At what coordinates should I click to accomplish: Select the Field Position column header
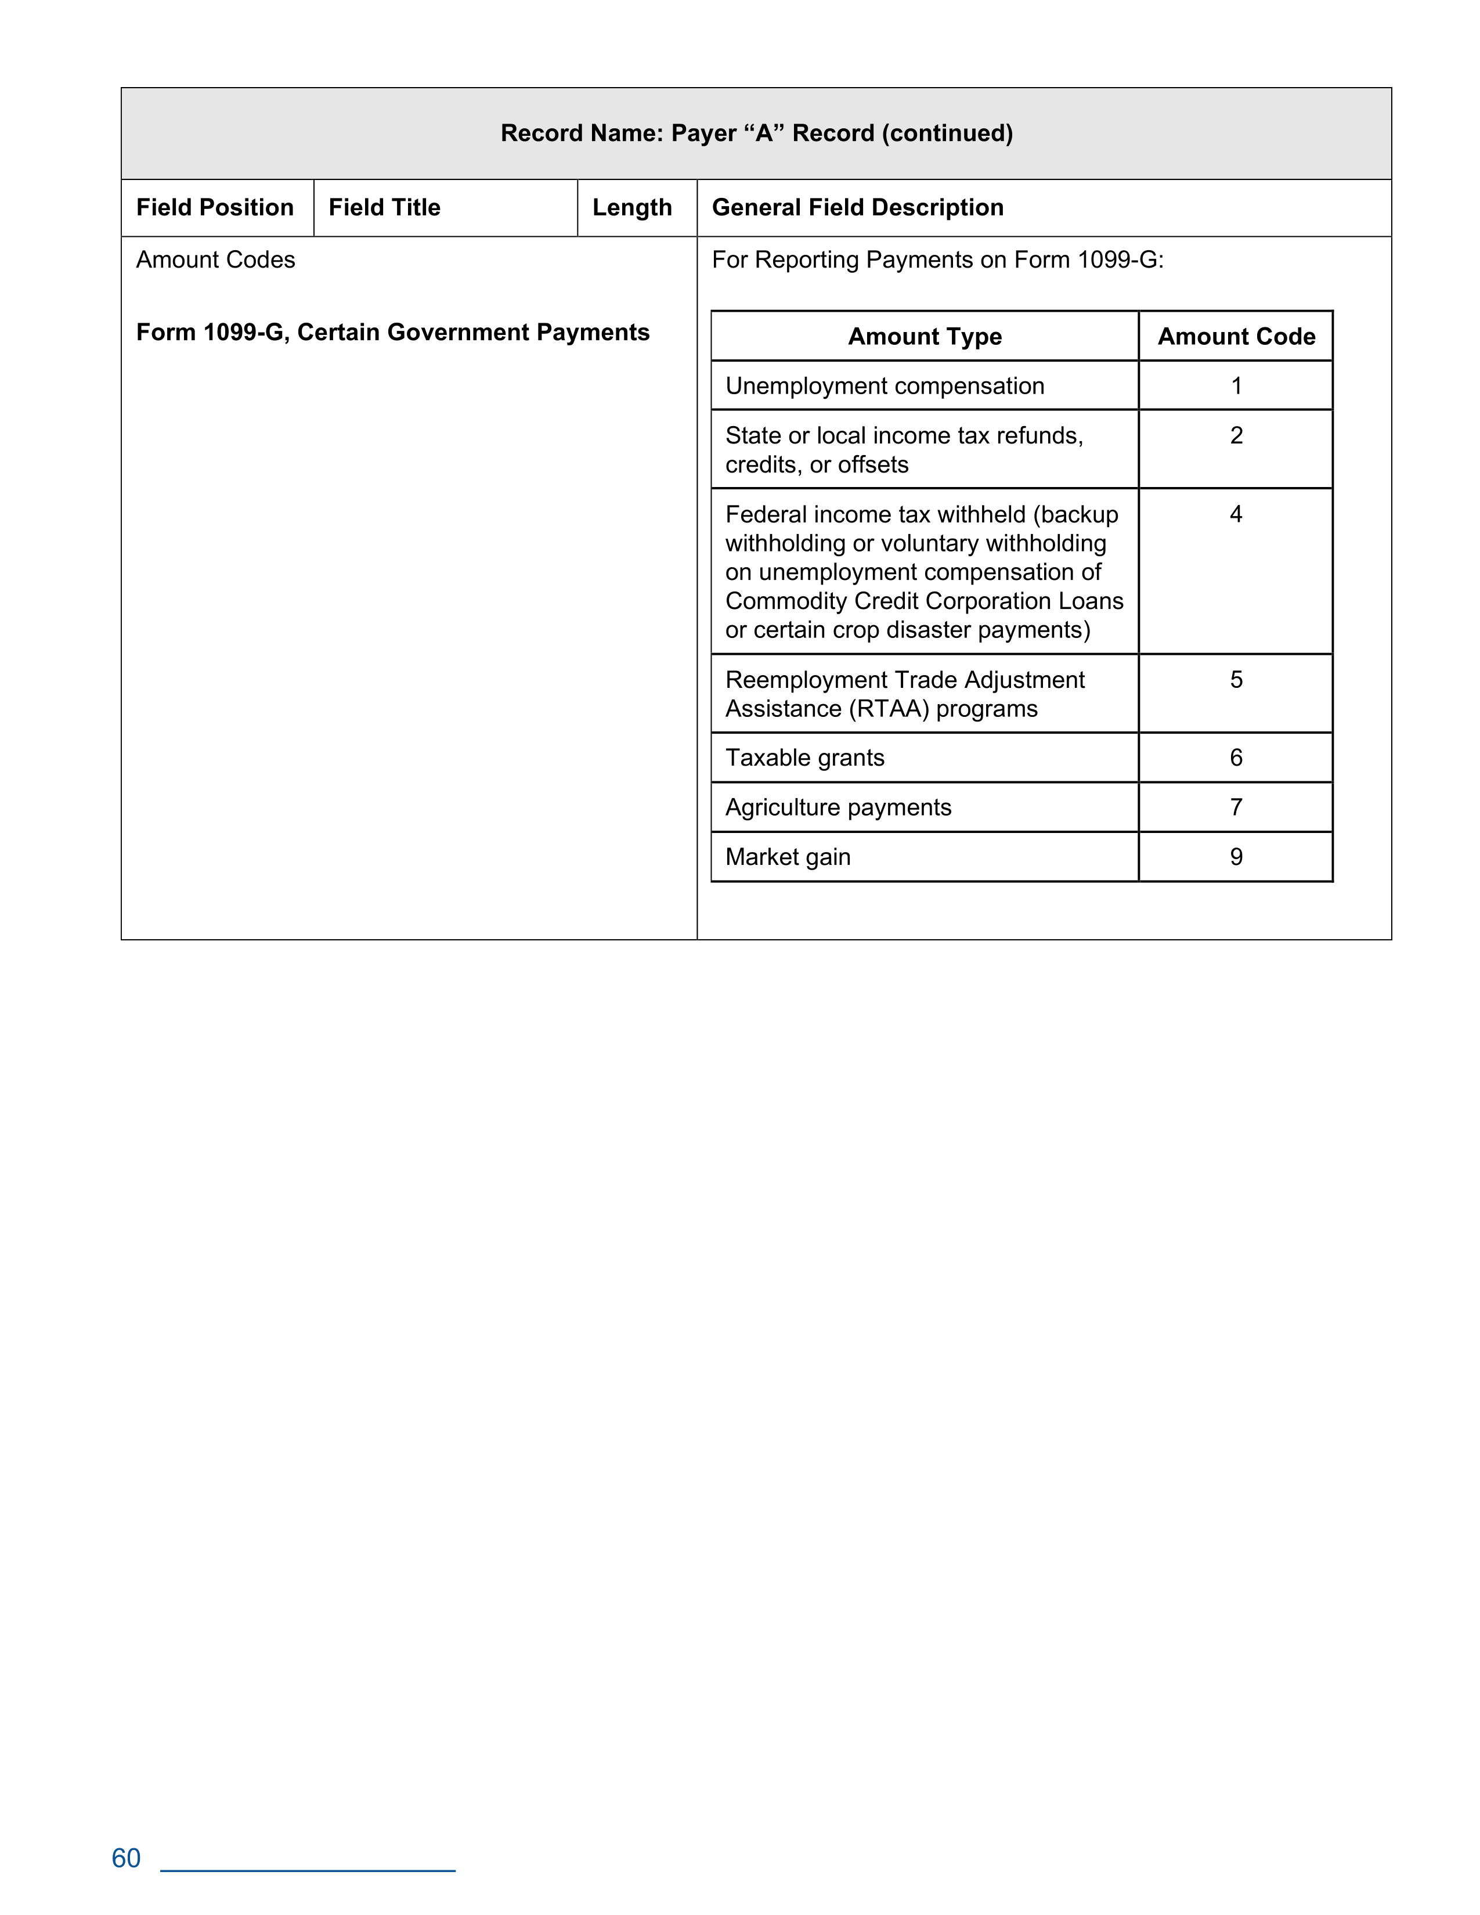coord(215,208)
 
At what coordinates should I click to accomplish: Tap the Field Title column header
coord(384,208)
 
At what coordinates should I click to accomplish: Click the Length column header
coord(632,208)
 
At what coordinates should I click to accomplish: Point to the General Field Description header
coord(857,208)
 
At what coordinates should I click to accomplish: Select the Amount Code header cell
coord(1236,337)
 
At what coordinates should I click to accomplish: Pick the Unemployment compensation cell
coord(885,386)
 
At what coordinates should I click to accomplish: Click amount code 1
coord(1236,386)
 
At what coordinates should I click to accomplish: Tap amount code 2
coord(1236,436)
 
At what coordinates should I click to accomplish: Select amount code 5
coord(1236,680)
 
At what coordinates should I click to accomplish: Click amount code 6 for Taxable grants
coord(1236,758)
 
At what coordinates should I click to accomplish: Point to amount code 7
coord(1236,807)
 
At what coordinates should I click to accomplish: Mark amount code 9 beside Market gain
coord(1236,857)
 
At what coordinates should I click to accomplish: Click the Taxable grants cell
coord(805,758)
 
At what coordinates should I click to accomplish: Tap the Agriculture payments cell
coord(838,807)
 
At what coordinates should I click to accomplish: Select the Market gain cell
coord(788,857)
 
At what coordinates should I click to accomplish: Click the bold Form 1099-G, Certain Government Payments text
coord(393,332)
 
